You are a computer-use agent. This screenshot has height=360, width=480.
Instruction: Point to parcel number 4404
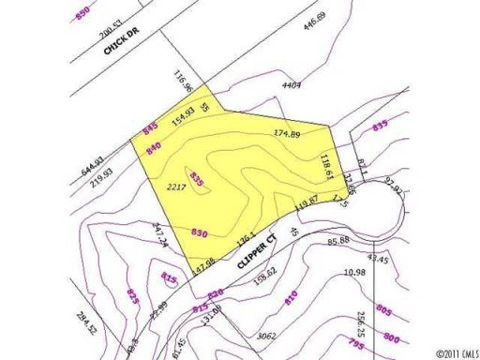291,85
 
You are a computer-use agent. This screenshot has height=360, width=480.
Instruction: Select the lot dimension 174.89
287,135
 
